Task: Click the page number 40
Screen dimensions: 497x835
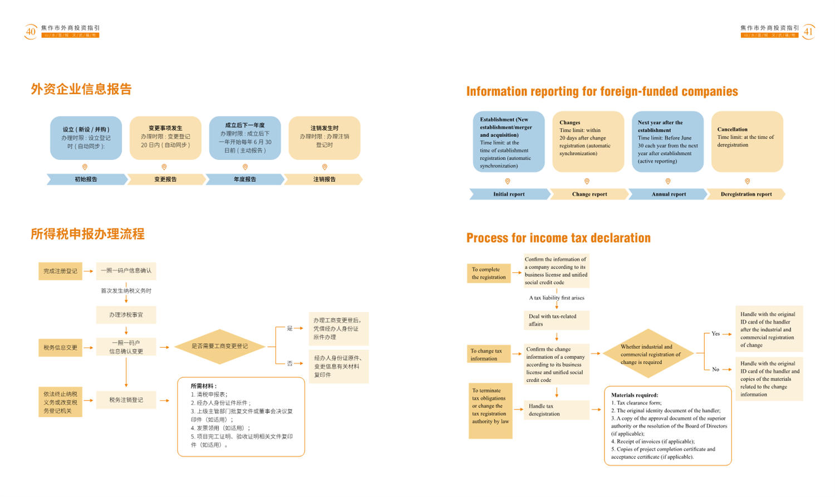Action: tap(31, 32)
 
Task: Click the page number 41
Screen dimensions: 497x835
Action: tap(808, 32)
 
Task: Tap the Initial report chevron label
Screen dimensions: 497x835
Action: tap(509, 194)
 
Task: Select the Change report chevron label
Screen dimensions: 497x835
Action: tap(590, 194)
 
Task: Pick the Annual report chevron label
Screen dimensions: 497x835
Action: tap(669, 194)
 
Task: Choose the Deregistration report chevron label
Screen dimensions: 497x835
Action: tap(746, 194)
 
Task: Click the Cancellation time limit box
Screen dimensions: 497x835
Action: tap(747, 142)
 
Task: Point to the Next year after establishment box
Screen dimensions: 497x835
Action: tap(667, 142)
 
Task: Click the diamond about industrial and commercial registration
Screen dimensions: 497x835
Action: tap(650, 354)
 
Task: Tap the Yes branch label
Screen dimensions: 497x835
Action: tap(715, 334)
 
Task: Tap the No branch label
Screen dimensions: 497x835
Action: tap(715, 369)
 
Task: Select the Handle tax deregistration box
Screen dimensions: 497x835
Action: tap(556, 410)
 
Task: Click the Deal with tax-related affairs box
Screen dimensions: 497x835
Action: tap(556, 320)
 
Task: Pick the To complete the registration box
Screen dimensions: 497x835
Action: tap(489, 273)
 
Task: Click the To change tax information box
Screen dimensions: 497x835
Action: tap(489, 355)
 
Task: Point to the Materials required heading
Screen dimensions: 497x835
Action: tap(635, 395)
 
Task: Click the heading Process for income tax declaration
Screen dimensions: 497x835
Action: tap(558, 238)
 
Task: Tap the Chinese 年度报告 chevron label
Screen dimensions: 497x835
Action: tap(245, 179)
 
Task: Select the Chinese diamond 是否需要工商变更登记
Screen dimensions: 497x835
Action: tap(220, 347)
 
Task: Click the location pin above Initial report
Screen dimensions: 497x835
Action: tap(508, 181)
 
